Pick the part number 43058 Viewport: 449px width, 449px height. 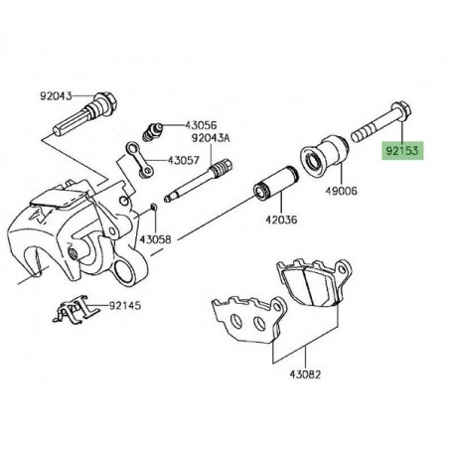point(155,239)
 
